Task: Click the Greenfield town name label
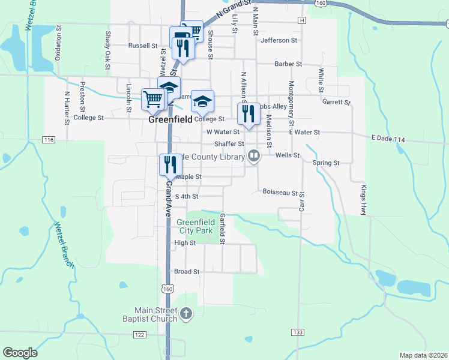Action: [x=170, y=120]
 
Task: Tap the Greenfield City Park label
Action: [x=195, y=226]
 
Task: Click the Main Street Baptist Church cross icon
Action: [x=186, y=313]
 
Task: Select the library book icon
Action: [x=255, y=157]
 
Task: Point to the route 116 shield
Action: [x=49, y=139]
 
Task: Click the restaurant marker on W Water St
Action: [x=247, y=113]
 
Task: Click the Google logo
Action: [x=20, y=353]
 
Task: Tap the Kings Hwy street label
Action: [x=363, y=200]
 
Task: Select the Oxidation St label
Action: [x=58, y=43]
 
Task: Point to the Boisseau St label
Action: [x=280, y=192]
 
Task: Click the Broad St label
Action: [x=186, y=271]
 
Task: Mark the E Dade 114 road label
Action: [x=389, y=139]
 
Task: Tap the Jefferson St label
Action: [x=279, y=40]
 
